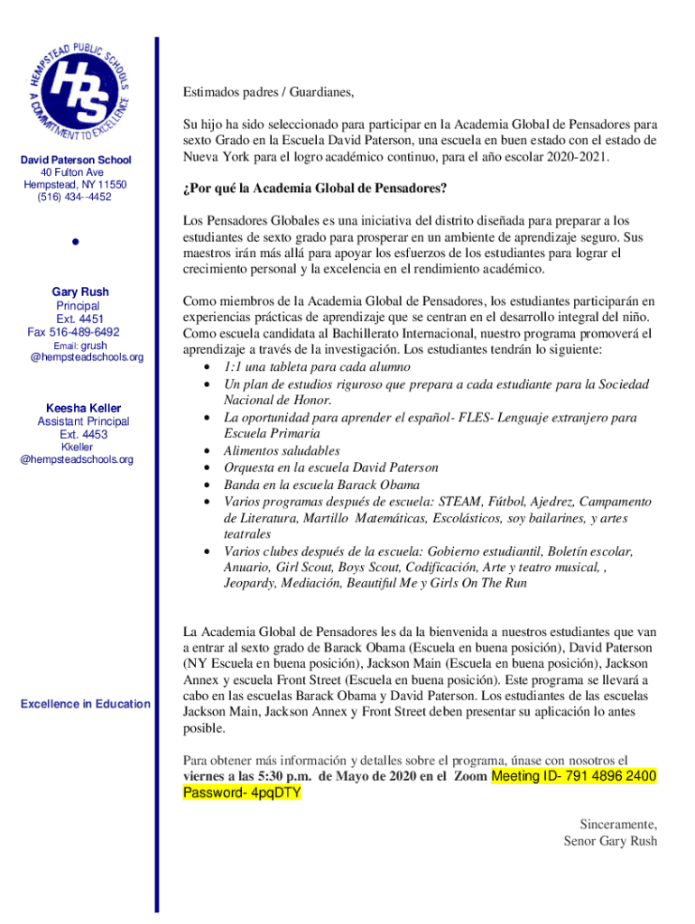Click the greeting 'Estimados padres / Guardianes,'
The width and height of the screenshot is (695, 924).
click(268, 92)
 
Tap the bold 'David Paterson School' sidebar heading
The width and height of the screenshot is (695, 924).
click(77, 160)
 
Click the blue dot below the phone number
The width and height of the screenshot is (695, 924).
click(78, 244)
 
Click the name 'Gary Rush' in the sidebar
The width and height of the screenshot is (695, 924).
click(80, 292)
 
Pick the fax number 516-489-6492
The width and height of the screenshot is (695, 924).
click(73, 332)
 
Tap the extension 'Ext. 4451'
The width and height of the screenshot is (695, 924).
click(80, 319)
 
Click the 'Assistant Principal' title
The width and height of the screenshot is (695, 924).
click(83, 421)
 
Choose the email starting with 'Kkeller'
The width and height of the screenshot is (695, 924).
click(77, 453)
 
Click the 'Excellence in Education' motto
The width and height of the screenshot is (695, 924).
click(86, 703)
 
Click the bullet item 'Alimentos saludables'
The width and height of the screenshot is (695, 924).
click(282, 450)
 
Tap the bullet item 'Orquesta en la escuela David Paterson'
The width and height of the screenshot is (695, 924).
click(330, 467)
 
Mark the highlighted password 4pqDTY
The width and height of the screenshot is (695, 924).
click(242, 793)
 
